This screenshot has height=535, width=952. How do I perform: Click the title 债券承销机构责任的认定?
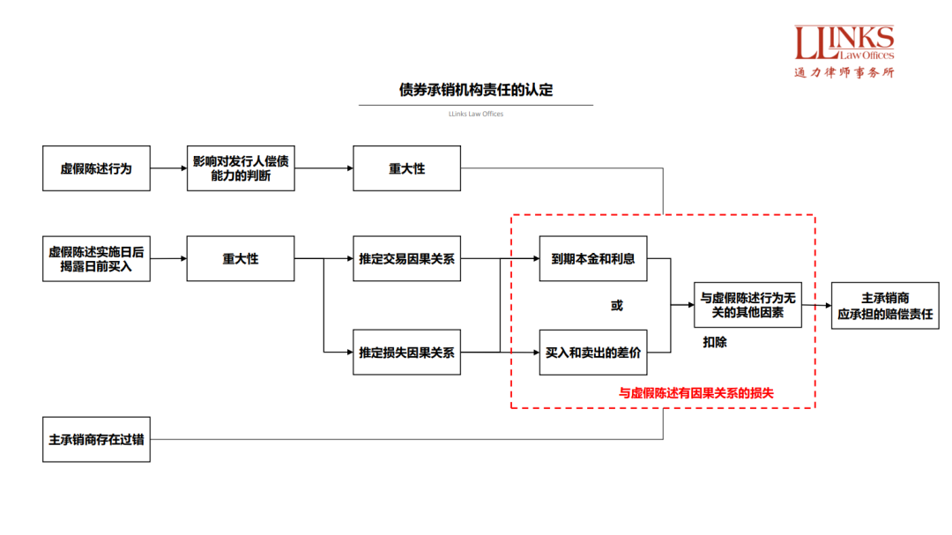click(476, 90)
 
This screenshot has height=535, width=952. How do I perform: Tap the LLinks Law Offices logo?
click(844, 51)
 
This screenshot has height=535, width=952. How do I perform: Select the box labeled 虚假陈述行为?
click(96, 168)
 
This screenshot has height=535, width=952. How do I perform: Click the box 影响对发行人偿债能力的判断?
click(241, 168)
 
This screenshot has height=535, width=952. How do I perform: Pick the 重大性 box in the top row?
click(406, 168)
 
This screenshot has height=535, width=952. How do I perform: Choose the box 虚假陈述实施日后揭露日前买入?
click(96, 258)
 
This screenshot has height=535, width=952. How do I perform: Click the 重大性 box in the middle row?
click(241, 258)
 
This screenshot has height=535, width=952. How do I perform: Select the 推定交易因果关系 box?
click(406, 258)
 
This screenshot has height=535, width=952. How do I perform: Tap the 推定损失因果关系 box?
click(406, 352)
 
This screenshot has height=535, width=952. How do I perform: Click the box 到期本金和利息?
click(592, 258)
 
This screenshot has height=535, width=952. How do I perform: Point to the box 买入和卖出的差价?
click(592, 352)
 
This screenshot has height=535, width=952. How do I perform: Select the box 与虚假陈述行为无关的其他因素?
click(747, 305)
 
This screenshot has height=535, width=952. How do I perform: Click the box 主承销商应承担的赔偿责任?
click(885, 305)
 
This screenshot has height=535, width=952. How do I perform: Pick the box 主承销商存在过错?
click(96, 439)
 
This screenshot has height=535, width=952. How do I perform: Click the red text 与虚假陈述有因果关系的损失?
click(695, 393)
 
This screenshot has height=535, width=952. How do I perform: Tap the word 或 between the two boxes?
click(616, 306)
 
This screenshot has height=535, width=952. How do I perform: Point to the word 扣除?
click(715, 342)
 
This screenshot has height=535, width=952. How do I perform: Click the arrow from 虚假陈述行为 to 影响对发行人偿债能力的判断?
click(168, 168)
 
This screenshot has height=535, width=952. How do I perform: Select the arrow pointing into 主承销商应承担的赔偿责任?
click(816, 305)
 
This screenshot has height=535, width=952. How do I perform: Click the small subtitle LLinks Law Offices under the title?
click(476, 114)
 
